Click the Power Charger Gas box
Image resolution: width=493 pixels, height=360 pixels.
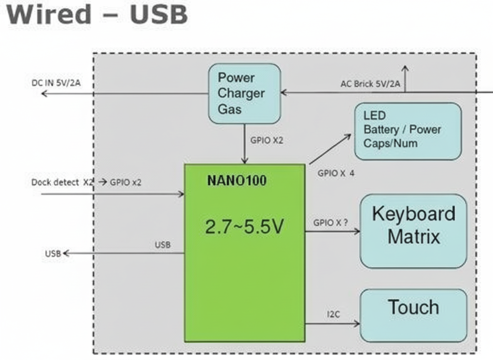pos(244,93)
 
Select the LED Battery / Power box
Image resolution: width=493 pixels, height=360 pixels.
pos(408,131)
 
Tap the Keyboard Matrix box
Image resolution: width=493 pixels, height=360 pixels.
pos(413,230)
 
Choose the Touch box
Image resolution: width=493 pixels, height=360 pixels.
pos(413,315)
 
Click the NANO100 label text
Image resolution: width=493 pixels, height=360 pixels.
pos(237,181)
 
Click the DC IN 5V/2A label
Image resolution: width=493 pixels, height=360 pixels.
pos(56,83)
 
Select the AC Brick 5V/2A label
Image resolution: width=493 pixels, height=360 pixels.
pos(370,84)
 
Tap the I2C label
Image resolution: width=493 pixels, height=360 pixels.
pos(333,315)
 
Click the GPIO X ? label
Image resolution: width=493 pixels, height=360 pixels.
pos(331,223)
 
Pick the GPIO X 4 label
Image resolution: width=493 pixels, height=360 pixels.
pos(336,173)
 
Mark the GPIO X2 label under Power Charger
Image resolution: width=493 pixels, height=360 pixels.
pos(266,140)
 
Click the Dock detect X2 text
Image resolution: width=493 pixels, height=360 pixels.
pos(62,182)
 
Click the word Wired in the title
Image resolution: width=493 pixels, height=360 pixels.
pos(49,14)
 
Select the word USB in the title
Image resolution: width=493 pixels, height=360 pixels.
pos(159,14)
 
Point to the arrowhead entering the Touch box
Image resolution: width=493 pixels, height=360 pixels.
pos(357,324)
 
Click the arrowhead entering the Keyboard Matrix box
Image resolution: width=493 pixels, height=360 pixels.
pos(357,231)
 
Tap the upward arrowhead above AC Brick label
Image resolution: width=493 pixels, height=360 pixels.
pos(405,67)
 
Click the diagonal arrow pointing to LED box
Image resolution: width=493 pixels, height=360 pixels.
pos(330,149)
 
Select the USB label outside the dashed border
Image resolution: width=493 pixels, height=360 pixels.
pos(53,254)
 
